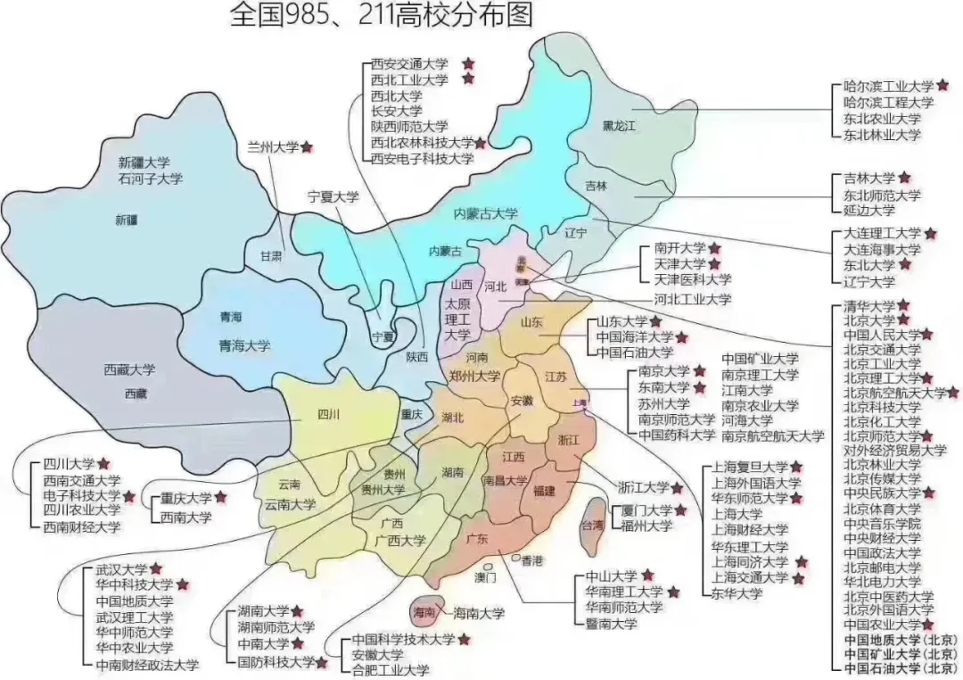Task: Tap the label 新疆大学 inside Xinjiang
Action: tap(144, 163)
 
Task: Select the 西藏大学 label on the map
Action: tap(129, 369)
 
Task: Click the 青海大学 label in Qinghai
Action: tap(244, 345)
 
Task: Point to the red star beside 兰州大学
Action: tap(307, 146)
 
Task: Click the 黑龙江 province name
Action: tap(619, 126)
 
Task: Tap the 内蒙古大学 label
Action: tap(486, 213)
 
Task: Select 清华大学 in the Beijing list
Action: tap(869, 306)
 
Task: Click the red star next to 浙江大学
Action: tap(677, 487)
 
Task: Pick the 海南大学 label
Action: tap(479, 613)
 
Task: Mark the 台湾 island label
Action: tap(592, 526)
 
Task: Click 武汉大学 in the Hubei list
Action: tap(121, 569)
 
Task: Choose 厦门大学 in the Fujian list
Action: tap(646, 510)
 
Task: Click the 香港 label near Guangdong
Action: tap(532, 560)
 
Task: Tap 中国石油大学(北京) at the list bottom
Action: tap(900, 668)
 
